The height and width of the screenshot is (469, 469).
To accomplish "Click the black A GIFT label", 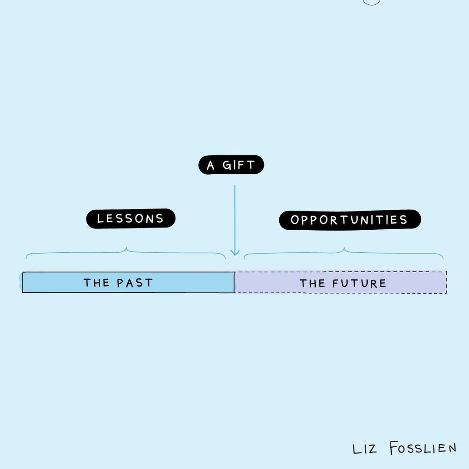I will click(x=231, y=165).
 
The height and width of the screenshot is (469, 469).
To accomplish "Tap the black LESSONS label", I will click(x=131, y=218).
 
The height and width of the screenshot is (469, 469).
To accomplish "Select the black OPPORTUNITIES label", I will click(x=350, y=220).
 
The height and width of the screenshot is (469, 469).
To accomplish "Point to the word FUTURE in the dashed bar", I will click(x=359, y=284).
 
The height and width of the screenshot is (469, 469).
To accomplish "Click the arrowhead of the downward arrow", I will click(x=235, y=252).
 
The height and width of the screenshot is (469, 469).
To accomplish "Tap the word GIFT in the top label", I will click(x=239, y=165).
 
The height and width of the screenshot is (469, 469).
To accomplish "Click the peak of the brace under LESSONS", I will click(x=126, y=248).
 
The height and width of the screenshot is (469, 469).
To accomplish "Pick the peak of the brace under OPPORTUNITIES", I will click(x=344, y=248).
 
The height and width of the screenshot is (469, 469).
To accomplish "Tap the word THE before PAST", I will click(x=96, y=283).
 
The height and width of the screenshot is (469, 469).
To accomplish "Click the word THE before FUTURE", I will click(x=312, y=284).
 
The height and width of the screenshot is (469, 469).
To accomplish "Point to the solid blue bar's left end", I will click(x=23, y=282).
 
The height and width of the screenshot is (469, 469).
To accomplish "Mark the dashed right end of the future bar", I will click(x=446, y=283).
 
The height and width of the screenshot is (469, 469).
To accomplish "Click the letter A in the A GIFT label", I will click(x=211, y=165).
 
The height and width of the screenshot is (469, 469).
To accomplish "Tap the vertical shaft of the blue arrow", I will click(x=235, y=217).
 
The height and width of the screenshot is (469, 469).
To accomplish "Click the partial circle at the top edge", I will click(x=372, y=2).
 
